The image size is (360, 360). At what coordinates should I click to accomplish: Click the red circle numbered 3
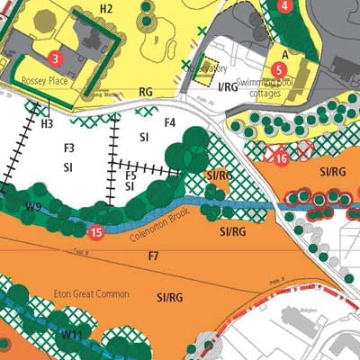56,58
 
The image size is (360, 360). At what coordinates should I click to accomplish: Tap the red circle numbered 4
285,5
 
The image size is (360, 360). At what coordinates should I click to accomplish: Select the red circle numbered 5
278,68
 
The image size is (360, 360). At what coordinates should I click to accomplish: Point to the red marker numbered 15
96,232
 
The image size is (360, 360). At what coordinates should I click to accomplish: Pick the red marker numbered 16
282,158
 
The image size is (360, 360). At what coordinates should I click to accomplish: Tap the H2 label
106,9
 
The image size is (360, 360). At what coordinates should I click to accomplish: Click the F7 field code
153,258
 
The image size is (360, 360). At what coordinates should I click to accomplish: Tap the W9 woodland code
34,207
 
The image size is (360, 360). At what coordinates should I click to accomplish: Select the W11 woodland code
72,334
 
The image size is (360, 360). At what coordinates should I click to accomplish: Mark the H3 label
47,123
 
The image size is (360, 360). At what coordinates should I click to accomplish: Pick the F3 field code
68,147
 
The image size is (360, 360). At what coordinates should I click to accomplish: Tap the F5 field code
130,175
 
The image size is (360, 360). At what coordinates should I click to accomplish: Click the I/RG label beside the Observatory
228,86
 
